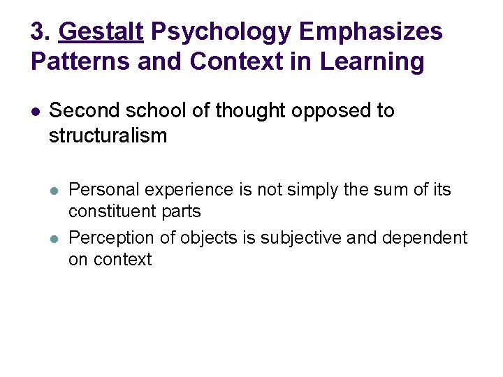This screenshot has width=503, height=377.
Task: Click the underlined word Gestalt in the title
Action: [x=101, y=31]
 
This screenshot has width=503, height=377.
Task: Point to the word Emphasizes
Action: [x=371, y=31]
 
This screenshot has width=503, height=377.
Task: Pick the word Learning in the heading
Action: [x=372, y=61]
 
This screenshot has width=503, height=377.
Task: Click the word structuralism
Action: [x=108, y=135]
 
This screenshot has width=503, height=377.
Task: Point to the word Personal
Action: [x=102, y=190]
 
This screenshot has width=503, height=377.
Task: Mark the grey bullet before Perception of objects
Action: [x=55, y=239]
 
